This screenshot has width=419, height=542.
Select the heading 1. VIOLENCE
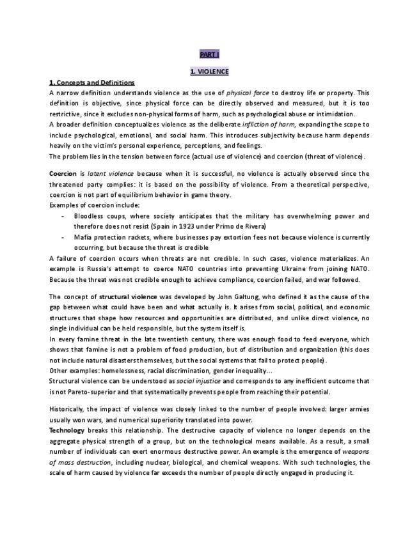[x=209, y=72]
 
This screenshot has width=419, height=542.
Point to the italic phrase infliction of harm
[x=268, y=124]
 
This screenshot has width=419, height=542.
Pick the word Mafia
[x=83, y=236]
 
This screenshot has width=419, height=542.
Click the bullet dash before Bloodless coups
[x=62, y=216]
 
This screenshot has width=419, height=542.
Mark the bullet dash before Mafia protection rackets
[x=62, y=236]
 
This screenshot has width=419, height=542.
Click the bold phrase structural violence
[x=125, y=297]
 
